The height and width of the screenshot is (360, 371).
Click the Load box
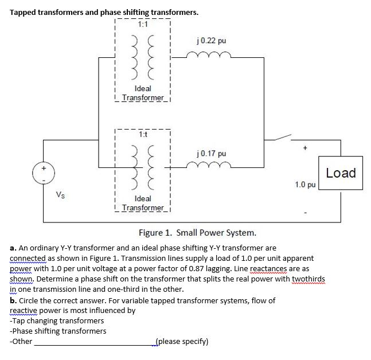tap(341, 173)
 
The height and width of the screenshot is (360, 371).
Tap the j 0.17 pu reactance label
tap(212, 154)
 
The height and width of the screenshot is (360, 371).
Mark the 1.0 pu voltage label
tap(304, 185)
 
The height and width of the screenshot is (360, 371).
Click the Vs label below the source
tap(60, 194)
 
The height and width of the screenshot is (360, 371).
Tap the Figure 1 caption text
tap(197, 233)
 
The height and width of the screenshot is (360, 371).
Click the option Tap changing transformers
tap(57, 320)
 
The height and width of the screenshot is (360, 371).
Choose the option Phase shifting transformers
tap(58, 331)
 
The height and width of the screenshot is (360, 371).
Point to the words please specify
tap(182, 342)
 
